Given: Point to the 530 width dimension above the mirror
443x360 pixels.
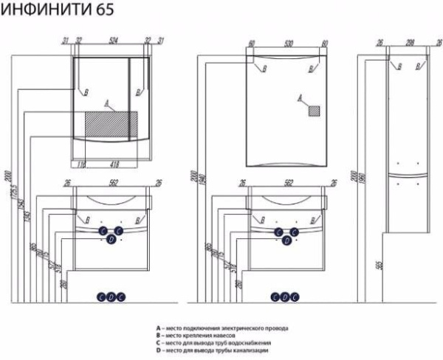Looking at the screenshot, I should point(287,43).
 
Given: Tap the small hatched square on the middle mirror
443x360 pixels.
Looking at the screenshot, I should point(315,110).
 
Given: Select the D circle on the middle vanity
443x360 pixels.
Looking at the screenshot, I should point(286,240).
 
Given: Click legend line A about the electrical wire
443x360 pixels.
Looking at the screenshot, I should point(222,327).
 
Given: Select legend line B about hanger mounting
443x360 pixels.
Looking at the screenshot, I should point(206,334).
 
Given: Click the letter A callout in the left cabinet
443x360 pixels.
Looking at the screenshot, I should point(107,101).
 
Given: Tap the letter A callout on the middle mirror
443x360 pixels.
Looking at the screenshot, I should point(300,97).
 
